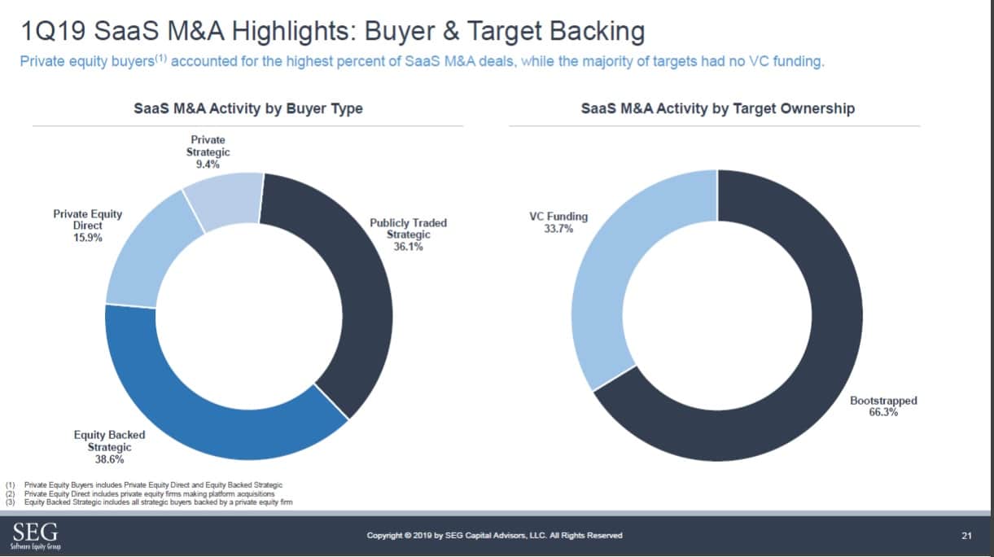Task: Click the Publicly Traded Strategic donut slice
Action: point(358,309)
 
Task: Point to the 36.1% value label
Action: point(408,247)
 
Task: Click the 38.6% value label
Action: point(109,460)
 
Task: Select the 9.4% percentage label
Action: point(208,164)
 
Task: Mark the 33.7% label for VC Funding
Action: point(558,229)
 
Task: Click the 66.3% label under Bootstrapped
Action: point(883,413)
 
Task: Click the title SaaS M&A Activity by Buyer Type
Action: point(248,108)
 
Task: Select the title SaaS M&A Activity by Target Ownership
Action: point(717,108)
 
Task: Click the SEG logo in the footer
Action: point(35,535)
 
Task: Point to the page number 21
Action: point(966,535)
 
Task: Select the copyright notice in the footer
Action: point(495,535)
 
